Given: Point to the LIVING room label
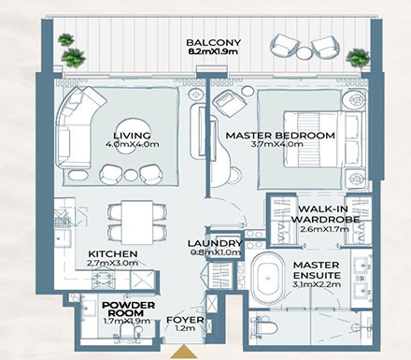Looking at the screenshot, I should pos(133,133).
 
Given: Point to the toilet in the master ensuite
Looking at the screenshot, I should pos(262,324).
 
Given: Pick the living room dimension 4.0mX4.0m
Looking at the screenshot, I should pos(133,146).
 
